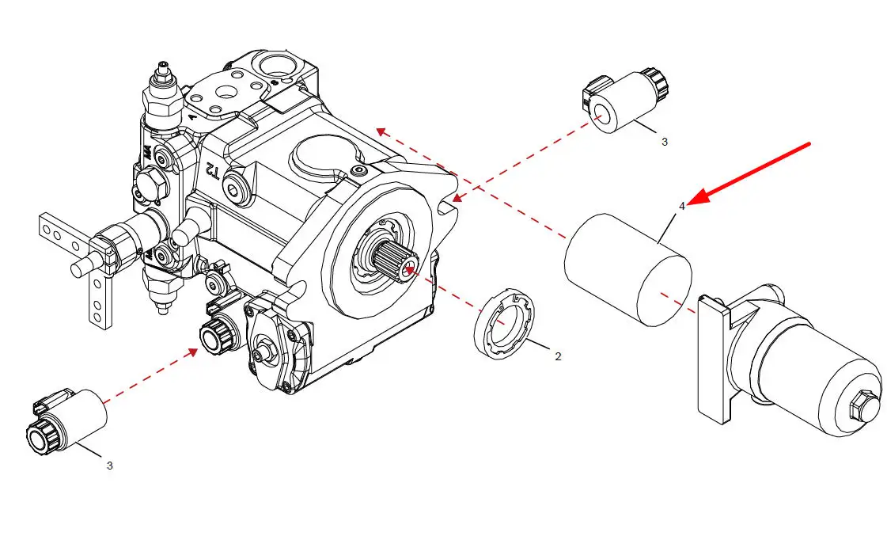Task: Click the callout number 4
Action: tap(681, 207)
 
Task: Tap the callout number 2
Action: tap(558, 356)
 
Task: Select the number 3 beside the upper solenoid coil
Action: tap(664, 142)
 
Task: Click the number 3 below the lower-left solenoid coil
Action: tap(109, 466)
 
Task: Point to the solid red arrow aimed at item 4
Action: tap(749, 173)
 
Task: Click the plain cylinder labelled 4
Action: tap(628, 269)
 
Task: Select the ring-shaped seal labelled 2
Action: tap(504, 325)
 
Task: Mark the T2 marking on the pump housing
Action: tap(211, 169)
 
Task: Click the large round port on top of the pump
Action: tap(275, 63)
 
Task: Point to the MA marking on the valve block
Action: tap(146, 152)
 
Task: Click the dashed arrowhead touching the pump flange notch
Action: tap(457, 198)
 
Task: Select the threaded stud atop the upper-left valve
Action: tap(164, 68)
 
